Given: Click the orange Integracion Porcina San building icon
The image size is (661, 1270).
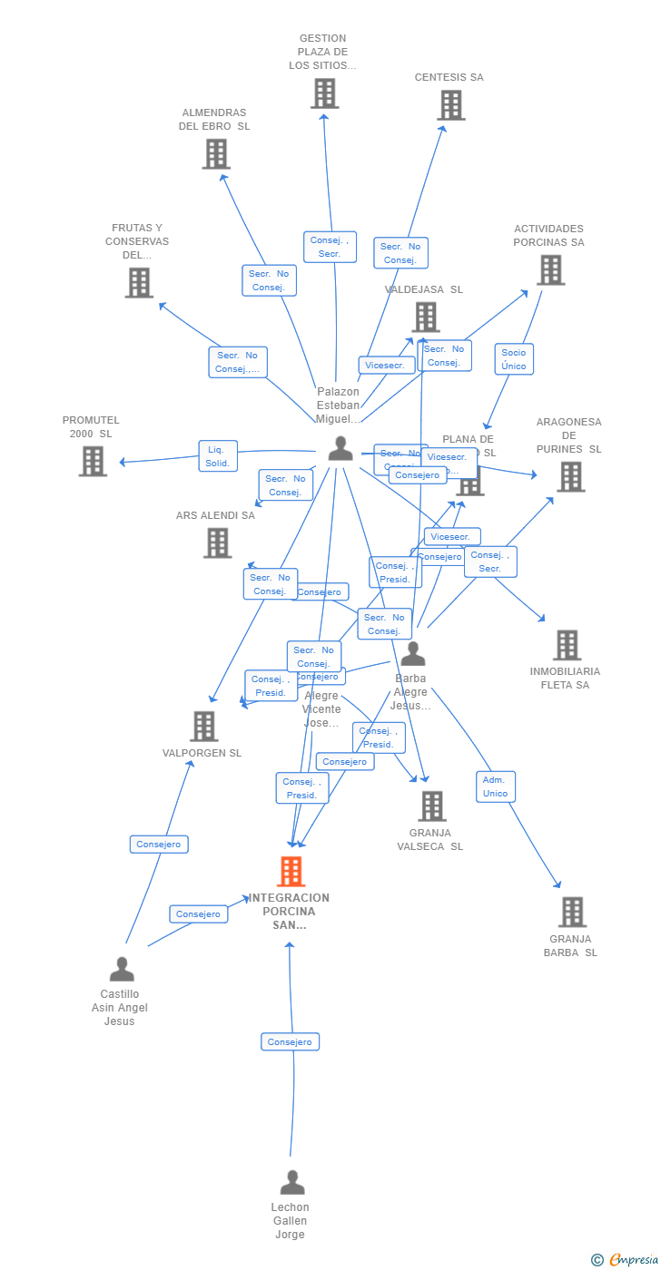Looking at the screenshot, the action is point(291,872).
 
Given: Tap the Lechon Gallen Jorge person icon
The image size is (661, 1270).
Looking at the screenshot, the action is point(292,1182).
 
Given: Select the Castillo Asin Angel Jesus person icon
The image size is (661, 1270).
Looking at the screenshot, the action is point(122,969).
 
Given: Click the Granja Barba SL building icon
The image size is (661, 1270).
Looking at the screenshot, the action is point(572,912).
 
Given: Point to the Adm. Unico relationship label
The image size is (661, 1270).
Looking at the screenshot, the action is point(496,786).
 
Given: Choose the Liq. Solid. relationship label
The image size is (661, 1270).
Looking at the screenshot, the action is point(217,456).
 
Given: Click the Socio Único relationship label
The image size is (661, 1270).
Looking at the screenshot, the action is point(514,359).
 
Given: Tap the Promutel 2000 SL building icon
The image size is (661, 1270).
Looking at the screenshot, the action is point(93,461).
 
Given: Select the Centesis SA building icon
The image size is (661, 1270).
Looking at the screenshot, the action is point(450,105).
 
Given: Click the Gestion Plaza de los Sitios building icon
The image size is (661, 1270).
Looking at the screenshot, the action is point(324,93).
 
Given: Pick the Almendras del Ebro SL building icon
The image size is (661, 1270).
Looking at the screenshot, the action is point(216,154).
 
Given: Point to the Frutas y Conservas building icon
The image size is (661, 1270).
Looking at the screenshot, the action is point(139,283).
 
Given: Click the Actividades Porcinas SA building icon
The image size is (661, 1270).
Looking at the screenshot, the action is point(550,269).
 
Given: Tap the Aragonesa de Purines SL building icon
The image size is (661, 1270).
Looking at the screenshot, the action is point(570,476).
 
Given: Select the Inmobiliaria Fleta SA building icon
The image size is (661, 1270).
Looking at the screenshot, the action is point(567,645).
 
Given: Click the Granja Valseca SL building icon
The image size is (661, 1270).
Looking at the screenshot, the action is point(432,806).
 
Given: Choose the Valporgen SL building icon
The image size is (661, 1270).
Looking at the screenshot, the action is point(204,726).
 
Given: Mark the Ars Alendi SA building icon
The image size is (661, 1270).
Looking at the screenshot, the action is point(217,542).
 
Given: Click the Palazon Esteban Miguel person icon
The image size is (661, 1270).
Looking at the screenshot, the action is point(340,448).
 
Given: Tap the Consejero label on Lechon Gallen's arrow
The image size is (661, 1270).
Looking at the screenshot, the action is point(291,1042).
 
